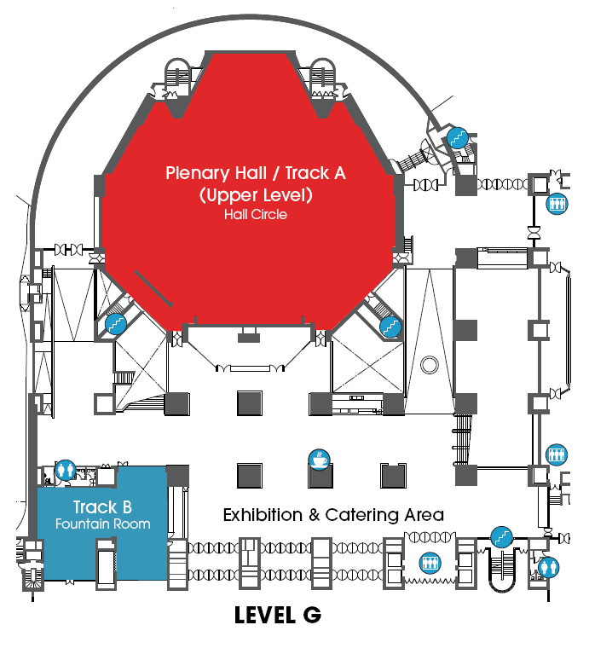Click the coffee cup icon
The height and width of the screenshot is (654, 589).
(320, 460)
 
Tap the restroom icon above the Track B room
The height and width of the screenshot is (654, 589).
(65, 471)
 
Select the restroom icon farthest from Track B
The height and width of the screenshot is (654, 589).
(548, 567)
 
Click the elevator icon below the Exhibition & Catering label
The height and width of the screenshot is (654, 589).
(430, 563)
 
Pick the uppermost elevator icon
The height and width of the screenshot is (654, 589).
(557, 204)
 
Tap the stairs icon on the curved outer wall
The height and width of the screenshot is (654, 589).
(458, 138)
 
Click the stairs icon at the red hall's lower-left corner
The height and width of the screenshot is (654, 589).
(116, 324)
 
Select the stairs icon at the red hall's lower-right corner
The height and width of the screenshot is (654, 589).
(390, 327)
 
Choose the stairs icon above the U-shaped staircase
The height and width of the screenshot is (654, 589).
(501, 537)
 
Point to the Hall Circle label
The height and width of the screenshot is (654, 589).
(256, 214)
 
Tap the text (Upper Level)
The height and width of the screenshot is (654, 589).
(256, 195)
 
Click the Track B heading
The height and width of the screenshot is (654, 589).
(102, 507)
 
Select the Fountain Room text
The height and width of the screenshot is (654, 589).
(103, 524)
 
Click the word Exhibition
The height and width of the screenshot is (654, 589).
(263, 515)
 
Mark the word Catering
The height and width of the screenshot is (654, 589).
(361, 515)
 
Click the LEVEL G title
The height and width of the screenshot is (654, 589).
(278, 616)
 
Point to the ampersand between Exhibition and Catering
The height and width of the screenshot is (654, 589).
(314, 515)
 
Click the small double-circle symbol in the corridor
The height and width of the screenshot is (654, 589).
(430, 365)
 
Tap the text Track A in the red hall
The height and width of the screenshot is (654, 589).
(315, 173)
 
